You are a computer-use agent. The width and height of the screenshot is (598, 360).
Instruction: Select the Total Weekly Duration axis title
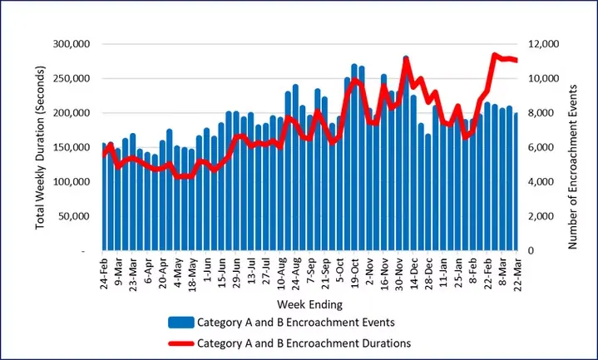(x=42, y=147)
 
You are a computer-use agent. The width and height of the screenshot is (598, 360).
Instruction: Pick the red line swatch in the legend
(x=180, y=341)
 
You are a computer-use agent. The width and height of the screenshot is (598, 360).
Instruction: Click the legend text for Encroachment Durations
(x=304, y=341)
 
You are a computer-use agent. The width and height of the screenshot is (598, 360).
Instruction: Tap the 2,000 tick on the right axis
(x=541, y=216)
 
